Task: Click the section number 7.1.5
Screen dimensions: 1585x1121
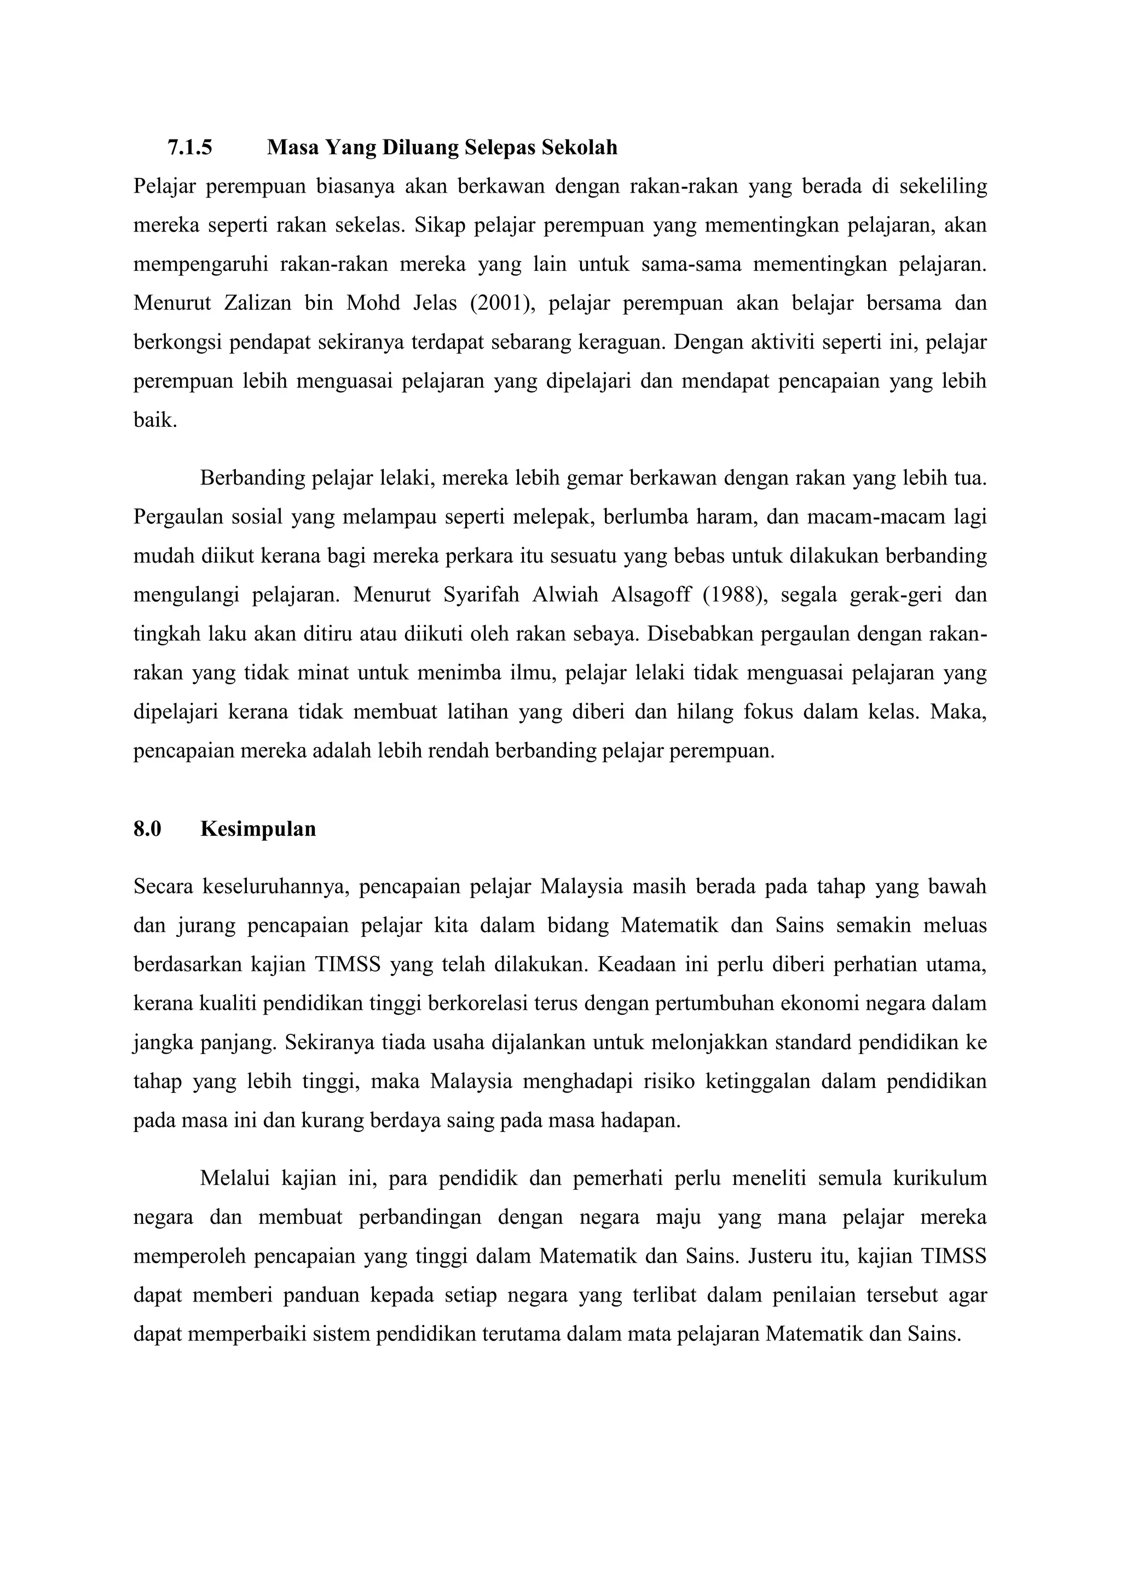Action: [x=190, y=148]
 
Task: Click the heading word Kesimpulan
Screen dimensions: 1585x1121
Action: [x=258, y=829]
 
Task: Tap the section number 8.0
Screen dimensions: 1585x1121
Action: [x=147, y=829]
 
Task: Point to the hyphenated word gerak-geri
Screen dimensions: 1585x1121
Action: [x=893, y=595]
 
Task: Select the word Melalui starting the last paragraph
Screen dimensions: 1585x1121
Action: [x=235, y=1178]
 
